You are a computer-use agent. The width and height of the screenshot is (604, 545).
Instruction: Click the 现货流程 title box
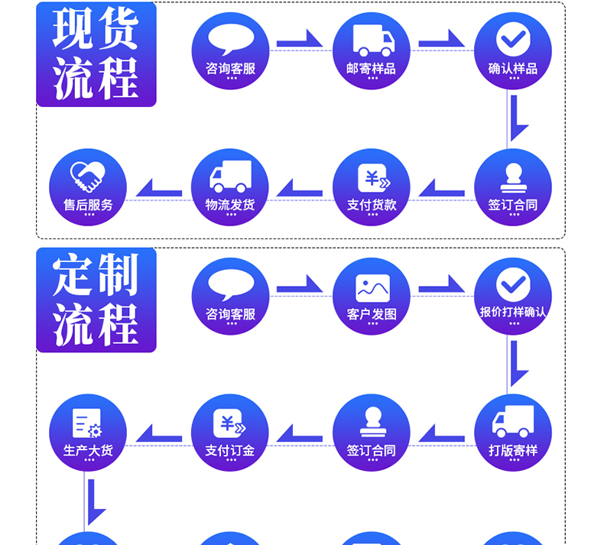coord(96,54)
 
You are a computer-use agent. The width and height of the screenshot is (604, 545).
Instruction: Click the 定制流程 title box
coord(96,300)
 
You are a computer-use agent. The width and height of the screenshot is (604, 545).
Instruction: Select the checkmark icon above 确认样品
coord(513,40)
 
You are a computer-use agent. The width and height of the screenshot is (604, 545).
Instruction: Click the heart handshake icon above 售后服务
coord(88,177)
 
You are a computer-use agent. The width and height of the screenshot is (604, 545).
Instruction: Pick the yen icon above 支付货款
coord(373,179)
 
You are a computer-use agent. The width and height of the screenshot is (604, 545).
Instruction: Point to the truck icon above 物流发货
coord(230,177)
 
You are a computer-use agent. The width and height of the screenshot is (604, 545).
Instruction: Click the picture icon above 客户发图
coord(372,287)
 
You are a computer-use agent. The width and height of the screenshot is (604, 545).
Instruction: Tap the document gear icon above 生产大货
coord(87,423)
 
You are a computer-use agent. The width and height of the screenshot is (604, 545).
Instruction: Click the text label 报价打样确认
coord(513,312)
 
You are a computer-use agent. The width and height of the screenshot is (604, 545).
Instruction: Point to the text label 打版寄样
coord(513,450)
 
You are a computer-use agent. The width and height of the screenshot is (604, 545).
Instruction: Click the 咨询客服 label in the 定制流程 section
coord(230,314)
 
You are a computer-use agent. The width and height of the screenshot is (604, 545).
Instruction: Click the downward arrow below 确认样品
coord(517,118)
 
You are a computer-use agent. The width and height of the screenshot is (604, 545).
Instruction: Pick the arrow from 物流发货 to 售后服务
coord(158,188)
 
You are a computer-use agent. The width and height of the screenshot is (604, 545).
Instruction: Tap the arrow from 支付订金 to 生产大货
coord(158,434)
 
